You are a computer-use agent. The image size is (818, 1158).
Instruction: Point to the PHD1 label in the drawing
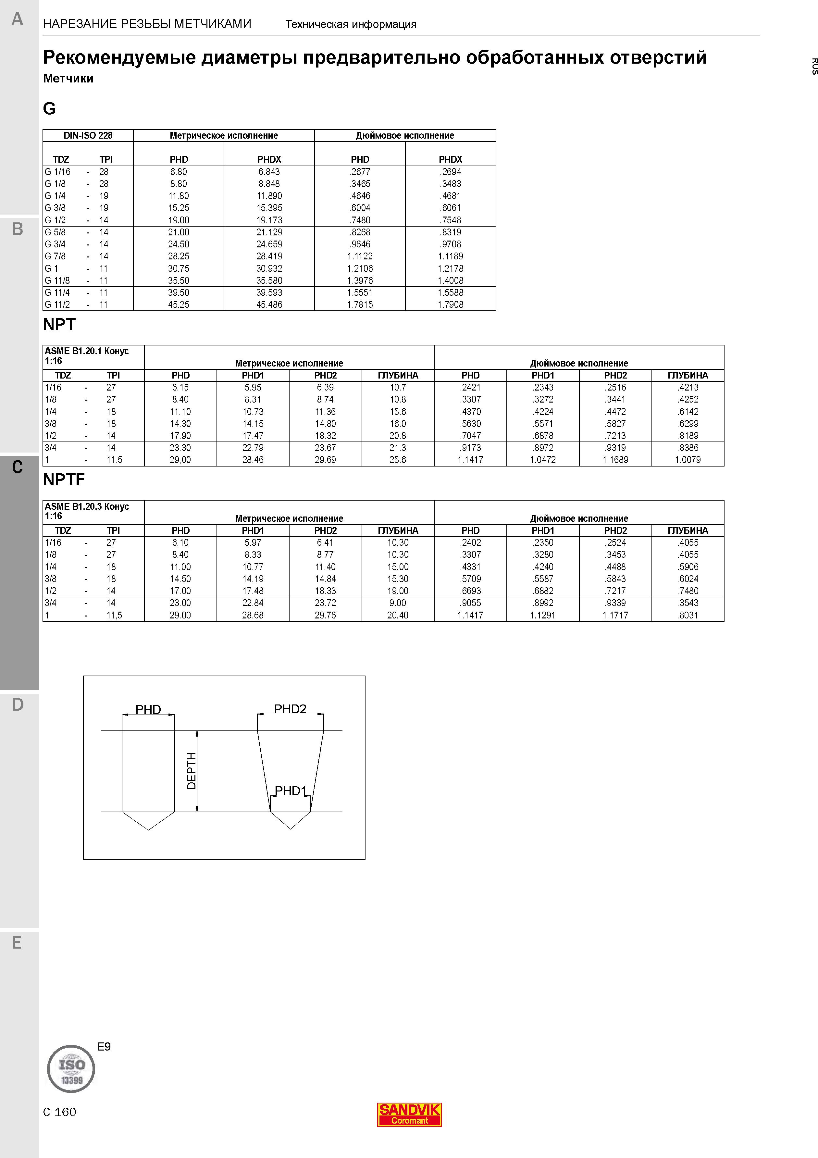291,791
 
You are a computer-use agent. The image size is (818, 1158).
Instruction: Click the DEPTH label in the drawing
192,771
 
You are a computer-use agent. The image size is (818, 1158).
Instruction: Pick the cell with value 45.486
269,305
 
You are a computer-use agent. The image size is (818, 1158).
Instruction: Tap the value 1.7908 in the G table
450,305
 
